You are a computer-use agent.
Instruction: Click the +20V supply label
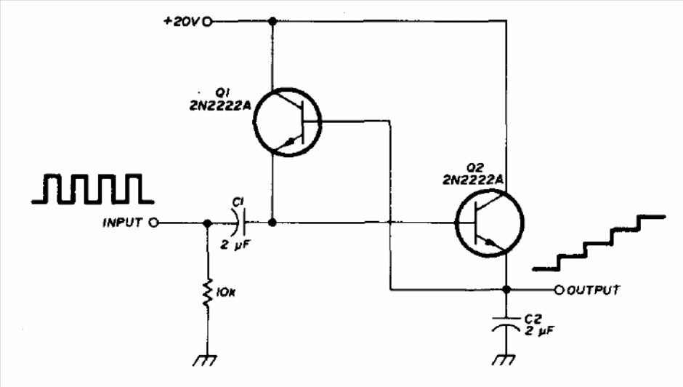[x=181, y=21]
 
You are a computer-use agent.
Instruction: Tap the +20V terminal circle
[x=208, y=21]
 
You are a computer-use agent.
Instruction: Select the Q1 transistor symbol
[x=287, y=122]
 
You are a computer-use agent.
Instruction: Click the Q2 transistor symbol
[x=489, y=223]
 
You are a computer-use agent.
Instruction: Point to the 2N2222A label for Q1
[x=220, y=105]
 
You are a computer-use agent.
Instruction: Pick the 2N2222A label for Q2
[x=473, y=180]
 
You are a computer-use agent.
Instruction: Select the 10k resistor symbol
[x=208, y=292]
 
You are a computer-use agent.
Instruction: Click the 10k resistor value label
[x=225, y=292]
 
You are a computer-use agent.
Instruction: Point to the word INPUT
[x=122, y=223]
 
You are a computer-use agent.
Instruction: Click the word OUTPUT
[x=594, y=290]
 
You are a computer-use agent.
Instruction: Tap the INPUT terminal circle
[x=153, y=223]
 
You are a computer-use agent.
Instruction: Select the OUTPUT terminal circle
[x=559, y=290]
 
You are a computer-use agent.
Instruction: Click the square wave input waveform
[x=93, y=189]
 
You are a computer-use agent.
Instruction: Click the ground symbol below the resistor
[x=205, y=360]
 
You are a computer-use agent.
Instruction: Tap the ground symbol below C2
[x=504, y=360]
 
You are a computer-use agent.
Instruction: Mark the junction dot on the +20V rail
[x=272, y=21]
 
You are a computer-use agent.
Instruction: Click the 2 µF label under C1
[x=235, y=245]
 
